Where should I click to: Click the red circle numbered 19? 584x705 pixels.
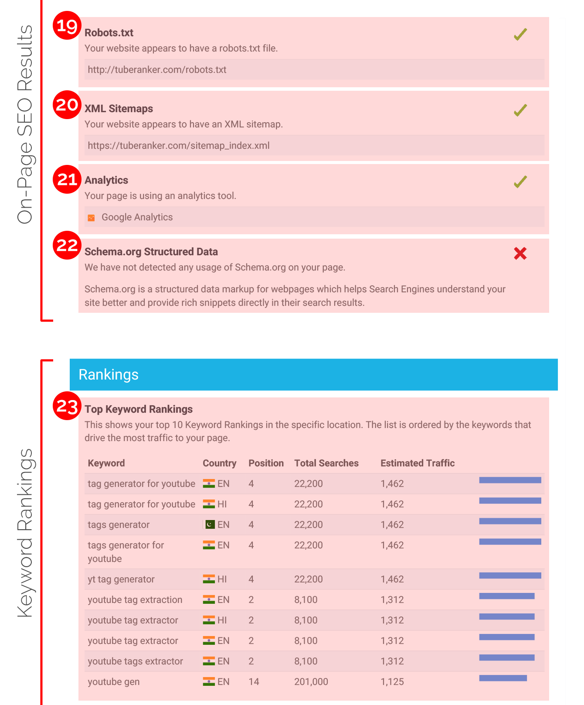(x=67, y=26)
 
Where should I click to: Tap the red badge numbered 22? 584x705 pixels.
(x=67, y=245)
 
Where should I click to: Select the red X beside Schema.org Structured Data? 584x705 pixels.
(x=520, y=253)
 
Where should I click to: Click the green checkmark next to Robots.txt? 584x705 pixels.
(x=520, y=34)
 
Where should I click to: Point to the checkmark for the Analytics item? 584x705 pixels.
(x=520, y=182)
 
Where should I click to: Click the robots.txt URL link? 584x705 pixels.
(x=157, y=70)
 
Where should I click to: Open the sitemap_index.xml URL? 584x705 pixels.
(x=179, y=146)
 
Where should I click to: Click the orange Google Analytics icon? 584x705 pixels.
(x=91, y=218)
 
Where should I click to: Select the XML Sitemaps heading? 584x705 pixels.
(x=119, y=109)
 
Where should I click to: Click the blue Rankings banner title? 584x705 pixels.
(x=109, y=375)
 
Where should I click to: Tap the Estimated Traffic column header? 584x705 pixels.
(x=417, y=463)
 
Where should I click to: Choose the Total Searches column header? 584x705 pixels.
(x=326, y=463)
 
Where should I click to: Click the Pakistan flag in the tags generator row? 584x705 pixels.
(x=210, y=524)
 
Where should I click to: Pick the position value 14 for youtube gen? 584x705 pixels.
(x=254, y=682)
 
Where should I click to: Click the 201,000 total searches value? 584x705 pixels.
(x=311, y=682)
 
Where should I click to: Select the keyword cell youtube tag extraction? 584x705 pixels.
(x=135, y=600)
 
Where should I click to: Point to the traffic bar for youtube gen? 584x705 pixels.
(x=503, y=678)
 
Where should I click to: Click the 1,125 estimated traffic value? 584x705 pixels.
(x=392, y=682)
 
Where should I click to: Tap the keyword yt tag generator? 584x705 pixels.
(x=121, y=579)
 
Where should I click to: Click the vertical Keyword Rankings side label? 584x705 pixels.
(x=25, y=533)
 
